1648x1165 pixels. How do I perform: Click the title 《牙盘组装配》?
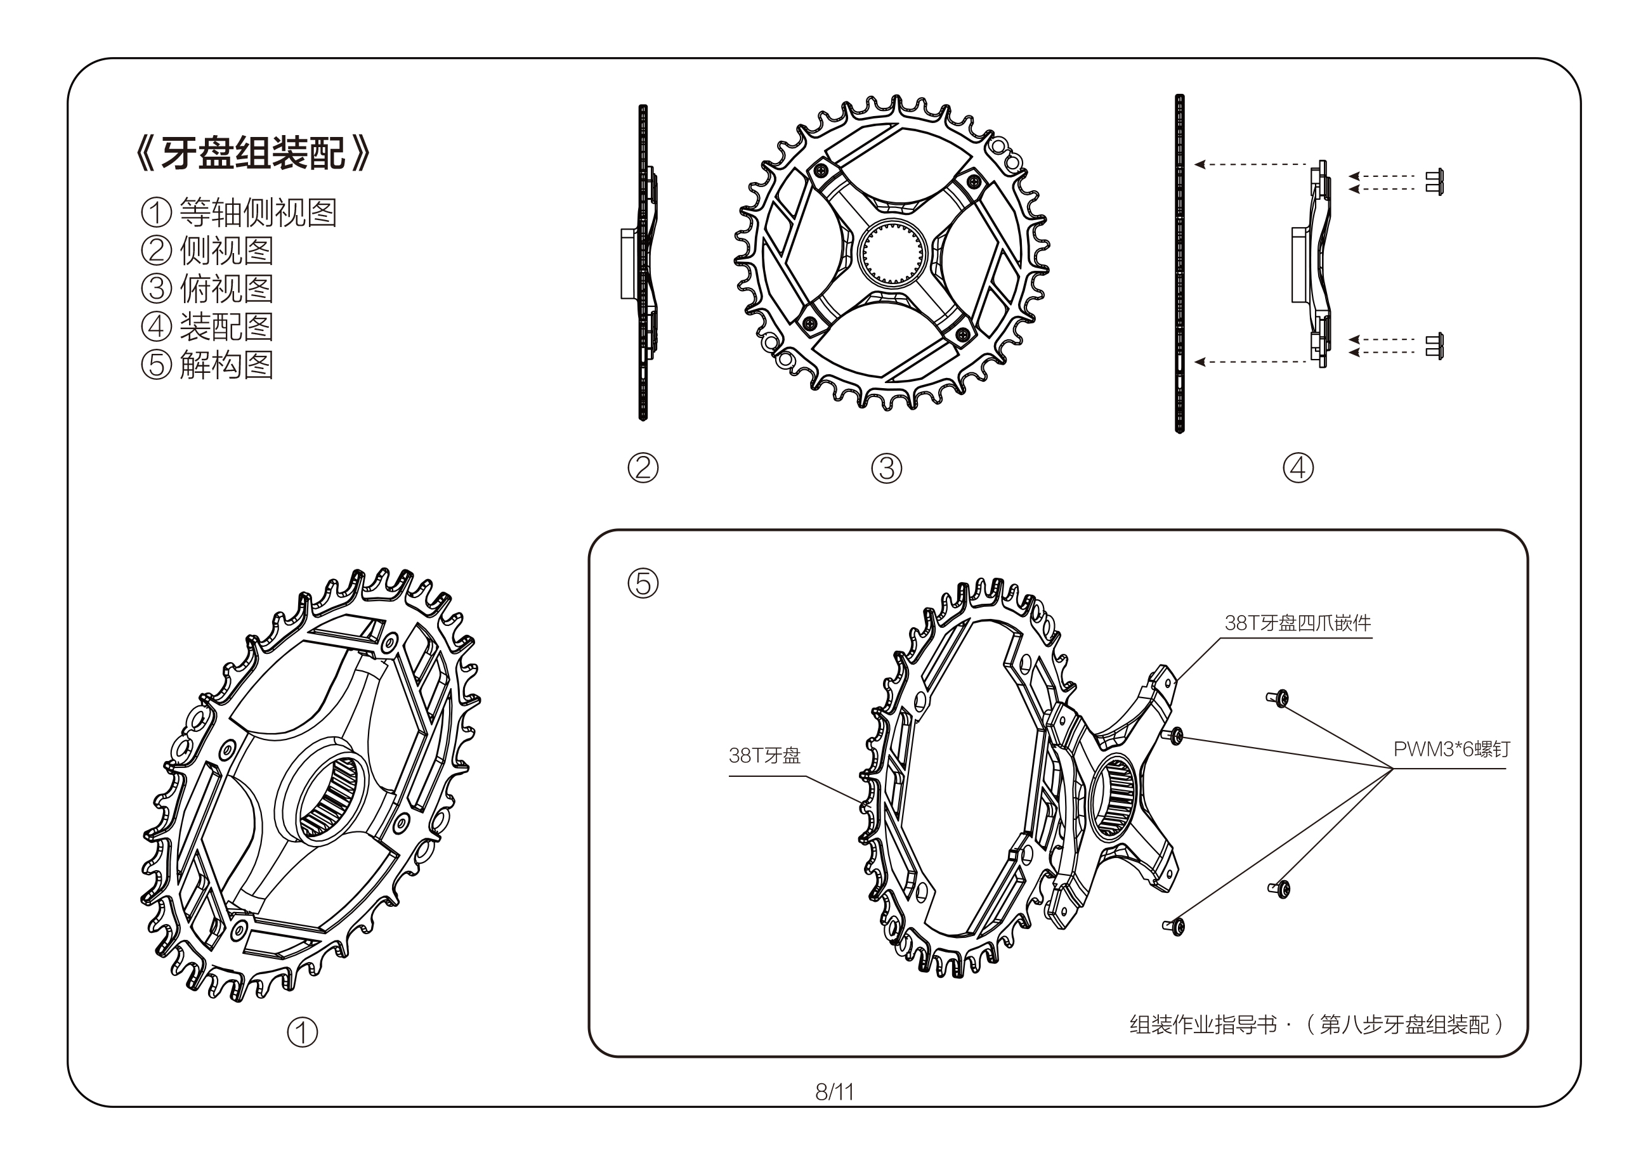pyautogui.click(x=252, y=153)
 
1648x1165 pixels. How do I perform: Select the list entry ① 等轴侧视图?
pyautogui.click(x=239, y=212)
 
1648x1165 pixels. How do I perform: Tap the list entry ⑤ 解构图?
pyautogui.click(x=207, y=365)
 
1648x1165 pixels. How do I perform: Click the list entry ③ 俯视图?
pyautogui.click(x=207, y=289)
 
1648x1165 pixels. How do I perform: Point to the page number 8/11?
pyautogui.click(x=834, y=1092)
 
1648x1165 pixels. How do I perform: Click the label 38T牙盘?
pyautogui.click(x=764, y=756)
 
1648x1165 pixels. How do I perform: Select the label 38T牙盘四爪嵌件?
pyautogui.click(x=1297, y=623)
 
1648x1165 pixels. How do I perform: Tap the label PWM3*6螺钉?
pyautogui.click(x=1451, y=750)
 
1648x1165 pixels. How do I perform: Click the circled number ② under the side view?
pyautogui.click(x=643, y=468)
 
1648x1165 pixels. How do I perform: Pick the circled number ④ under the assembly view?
pyautogui.click(x=1298, y=468)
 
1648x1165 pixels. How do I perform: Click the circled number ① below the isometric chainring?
pyautogui.click(x=302, y=1032)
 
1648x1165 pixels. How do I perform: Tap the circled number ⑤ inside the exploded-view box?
pyautogui.click(x=643, y=583)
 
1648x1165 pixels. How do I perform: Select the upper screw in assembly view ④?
pyautogui.click(x=1434, y=181)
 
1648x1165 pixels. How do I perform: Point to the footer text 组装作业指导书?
pyautogui.click(x=1203, y=1024)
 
